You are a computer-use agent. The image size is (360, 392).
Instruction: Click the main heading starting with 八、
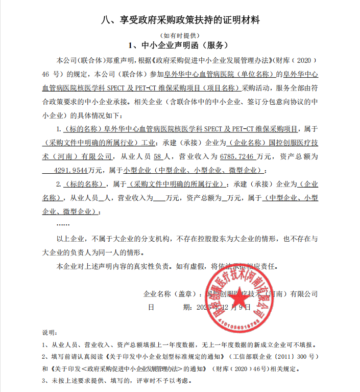click(180, 20)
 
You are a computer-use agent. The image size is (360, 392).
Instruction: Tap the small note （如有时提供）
click(180, 35)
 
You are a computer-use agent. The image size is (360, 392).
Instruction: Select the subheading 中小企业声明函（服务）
click(180, 45)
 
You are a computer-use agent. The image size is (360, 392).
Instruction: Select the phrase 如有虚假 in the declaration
click(189, 266)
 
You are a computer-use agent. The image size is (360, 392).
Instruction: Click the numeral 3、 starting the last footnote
click(46, 381)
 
